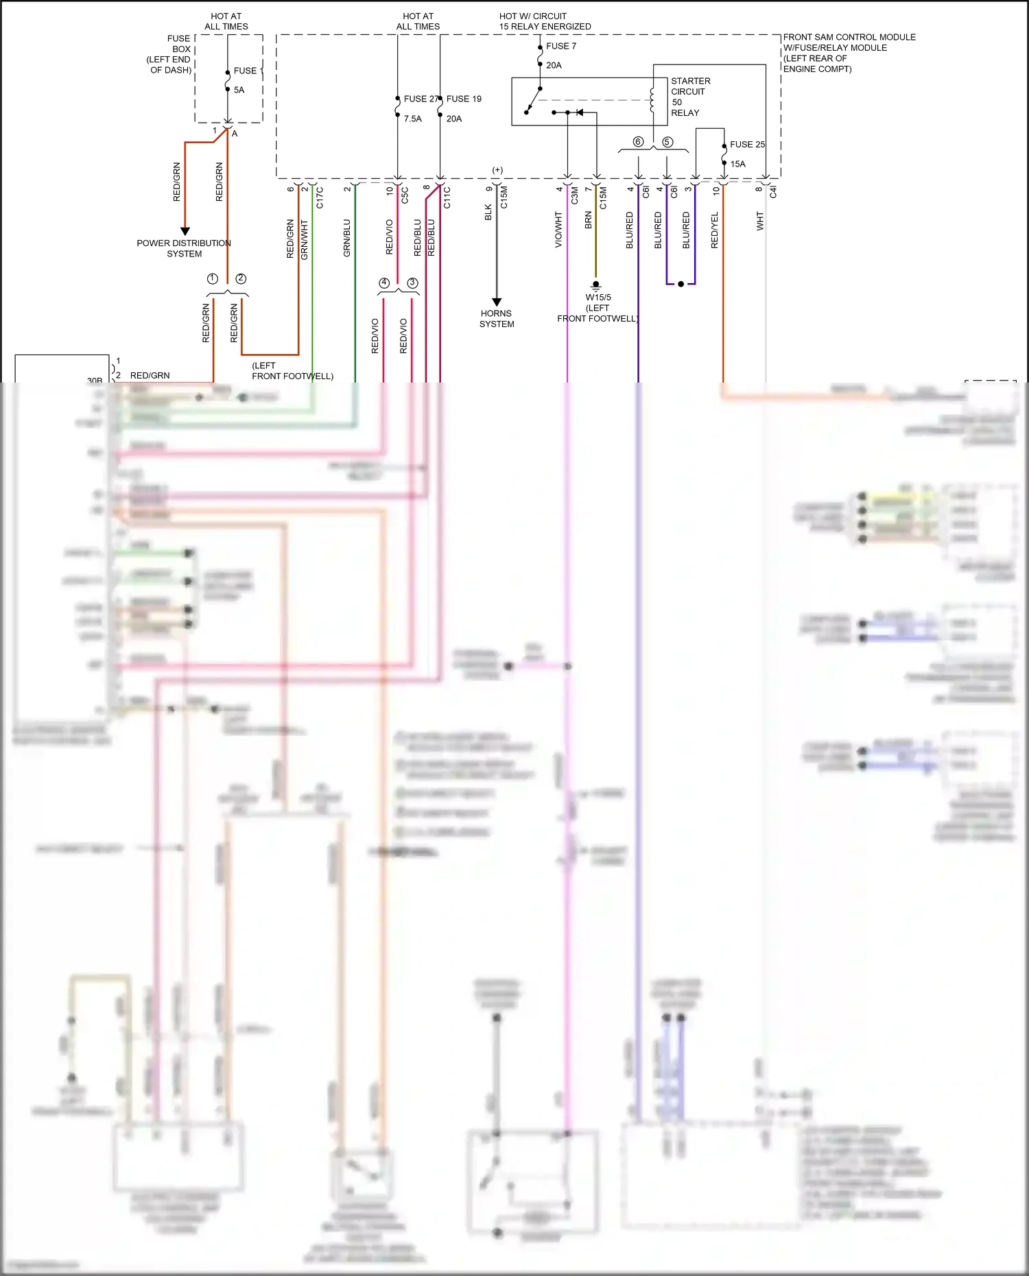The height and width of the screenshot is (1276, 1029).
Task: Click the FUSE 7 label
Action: coord(560,46)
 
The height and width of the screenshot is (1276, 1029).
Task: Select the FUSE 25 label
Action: coord(746,144)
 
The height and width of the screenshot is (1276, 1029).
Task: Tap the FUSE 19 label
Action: coord(464,99)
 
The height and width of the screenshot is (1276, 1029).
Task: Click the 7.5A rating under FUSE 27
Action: coord(412,119)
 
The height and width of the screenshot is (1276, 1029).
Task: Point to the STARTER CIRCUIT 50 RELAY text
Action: coord(689,97)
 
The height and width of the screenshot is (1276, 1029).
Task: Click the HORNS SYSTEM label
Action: coord(496,319)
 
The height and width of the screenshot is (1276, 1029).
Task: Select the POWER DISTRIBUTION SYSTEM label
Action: coord(184,248)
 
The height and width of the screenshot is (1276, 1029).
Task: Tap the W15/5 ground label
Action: coord(598,298)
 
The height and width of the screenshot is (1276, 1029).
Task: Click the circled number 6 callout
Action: coord(638,142)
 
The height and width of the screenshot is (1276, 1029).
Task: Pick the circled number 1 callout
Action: coord(213,278)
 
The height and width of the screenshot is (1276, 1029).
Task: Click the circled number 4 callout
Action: coord(384,283)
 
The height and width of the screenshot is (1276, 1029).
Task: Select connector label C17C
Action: coord(320,197)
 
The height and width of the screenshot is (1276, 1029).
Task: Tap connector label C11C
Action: coord(447,197)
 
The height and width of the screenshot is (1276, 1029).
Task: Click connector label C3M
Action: coord(575,196)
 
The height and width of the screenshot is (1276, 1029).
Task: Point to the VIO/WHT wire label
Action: coord(558,230)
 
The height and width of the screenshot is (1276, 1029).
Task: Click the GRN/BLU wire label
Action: coord(346,238)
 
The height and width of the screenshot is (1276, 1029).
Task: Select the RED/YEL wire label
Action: coord(714,230)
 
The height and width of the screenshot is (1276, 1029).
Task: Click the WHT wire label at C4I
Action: coord(759,221)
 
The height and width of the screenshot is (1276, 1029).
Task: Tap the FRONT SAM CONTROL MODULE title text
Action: coord(849,37)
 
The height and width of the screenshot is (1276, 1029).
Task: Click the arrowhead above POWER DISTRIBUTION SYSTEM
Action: coord(185,231)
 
